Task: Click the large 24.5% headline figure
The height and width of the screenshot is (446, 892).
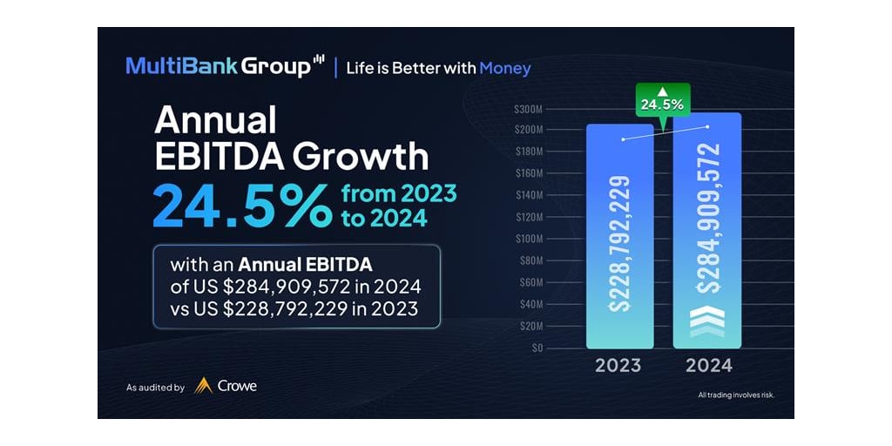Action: point(241,205)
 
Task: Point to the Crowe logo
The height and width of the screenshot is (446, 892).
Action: point(226,386)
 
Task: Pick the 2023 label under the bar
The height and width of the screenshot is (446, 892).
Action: point(618,365)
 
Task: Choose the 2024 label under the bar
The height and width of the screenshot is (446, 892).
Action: point(708,365)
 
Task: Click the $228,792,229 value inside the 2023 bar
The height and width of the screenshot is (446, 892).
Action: point(619,244)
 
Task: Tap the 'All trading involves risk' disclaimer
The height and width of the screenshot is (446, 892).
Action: point(736,395)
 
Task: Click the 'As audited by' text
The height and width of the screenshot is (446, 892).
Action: point(155,388)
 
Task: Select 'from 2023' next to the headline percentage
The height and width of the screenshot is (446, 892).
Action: point(400,193)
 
